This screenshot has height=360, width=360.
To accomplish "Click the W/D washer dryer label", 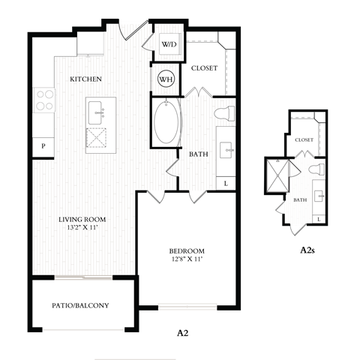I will pos(169,44).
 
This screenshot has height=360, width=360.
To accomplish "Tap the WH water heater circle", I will pos(166,77).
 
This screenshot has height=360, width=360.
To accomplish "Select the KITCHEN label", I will pos(86,79).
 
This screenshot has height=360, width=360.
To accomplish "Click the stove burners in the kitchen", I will pos(44,100).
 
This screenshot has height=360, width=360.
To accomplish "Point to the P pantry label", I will pos(43,147).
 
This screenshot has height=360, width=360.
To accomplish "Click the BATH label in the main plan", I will pos(198,154).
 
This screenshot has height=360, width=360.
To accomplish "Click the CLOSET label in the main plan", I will pos(204,68).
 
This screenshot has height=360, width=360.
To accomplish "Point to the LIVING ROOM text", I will pos(82,220).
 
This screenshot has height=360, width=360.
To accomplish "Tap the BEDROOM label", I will pos(187,250).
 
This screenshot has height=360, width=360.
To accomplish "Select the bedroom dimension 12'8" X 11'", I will pos(187,260).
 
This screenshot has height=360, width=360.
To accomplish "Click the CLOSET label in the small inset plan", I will pos(304,139).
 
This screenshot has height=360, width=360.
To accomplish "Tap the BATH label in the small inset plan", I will pos(300,199).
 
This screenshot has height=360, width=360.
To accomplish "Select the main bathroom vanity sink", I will pos(227,150).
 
